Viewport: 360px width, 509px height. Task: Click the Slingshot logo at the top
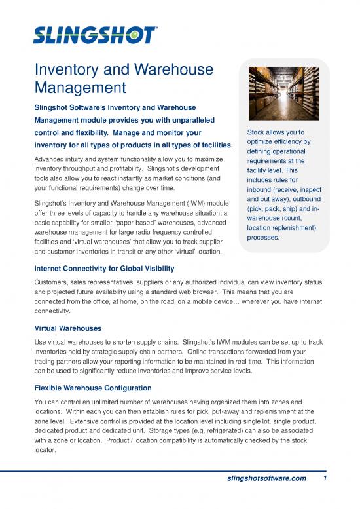coord(95,33)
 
